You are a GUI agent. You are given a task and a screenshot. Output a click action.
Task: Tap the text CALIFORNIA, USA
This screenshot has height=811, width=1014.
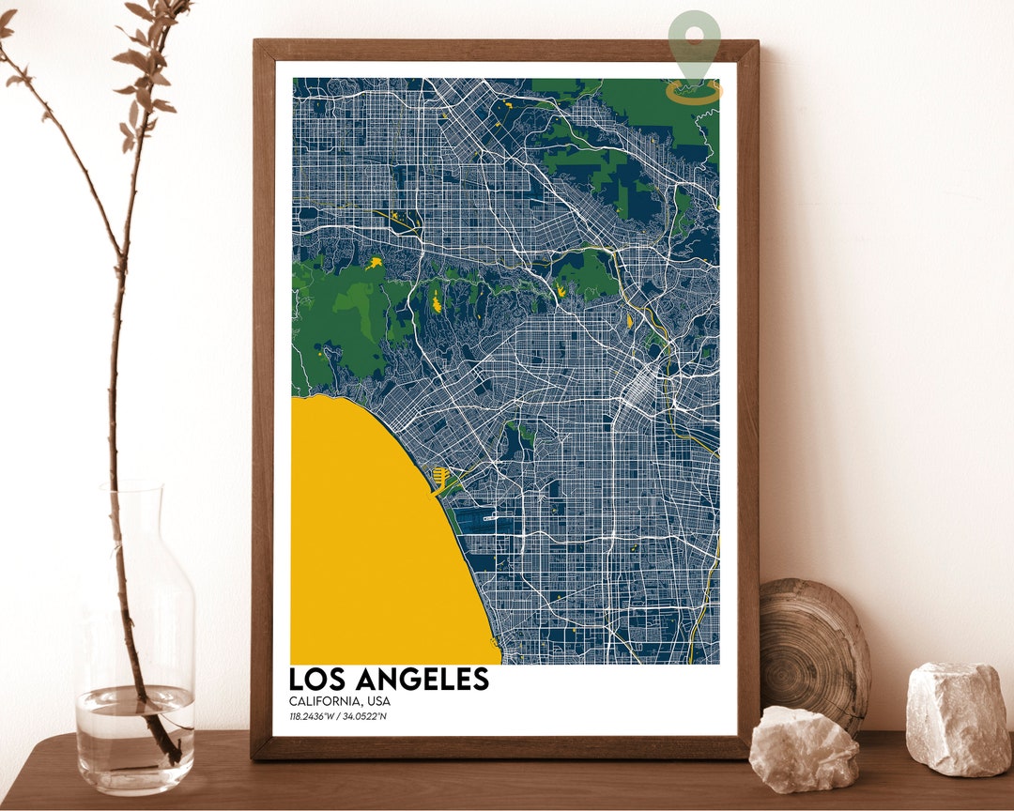[x=339, y=701]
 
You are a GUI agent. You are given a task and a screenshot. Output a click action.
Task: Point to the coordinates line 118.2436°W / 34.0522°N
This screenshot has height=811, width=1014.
[x=338, y=717]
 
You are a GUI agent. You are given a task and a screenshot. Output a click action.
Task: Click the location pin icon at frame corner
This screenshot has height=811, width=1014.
[x=695, y=47]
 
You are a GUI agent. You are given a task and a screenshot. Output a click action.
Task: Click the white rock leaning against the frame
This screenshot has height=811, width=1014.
[x=804, y=748]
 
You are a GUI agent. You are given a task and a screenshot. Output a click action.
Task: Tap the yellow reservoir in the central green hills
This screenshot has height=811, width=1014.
[x=436, y=302]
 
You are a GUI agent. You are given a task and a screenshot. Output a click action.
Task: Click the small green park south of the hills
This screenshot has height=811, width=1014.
[x=517, y=435]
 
